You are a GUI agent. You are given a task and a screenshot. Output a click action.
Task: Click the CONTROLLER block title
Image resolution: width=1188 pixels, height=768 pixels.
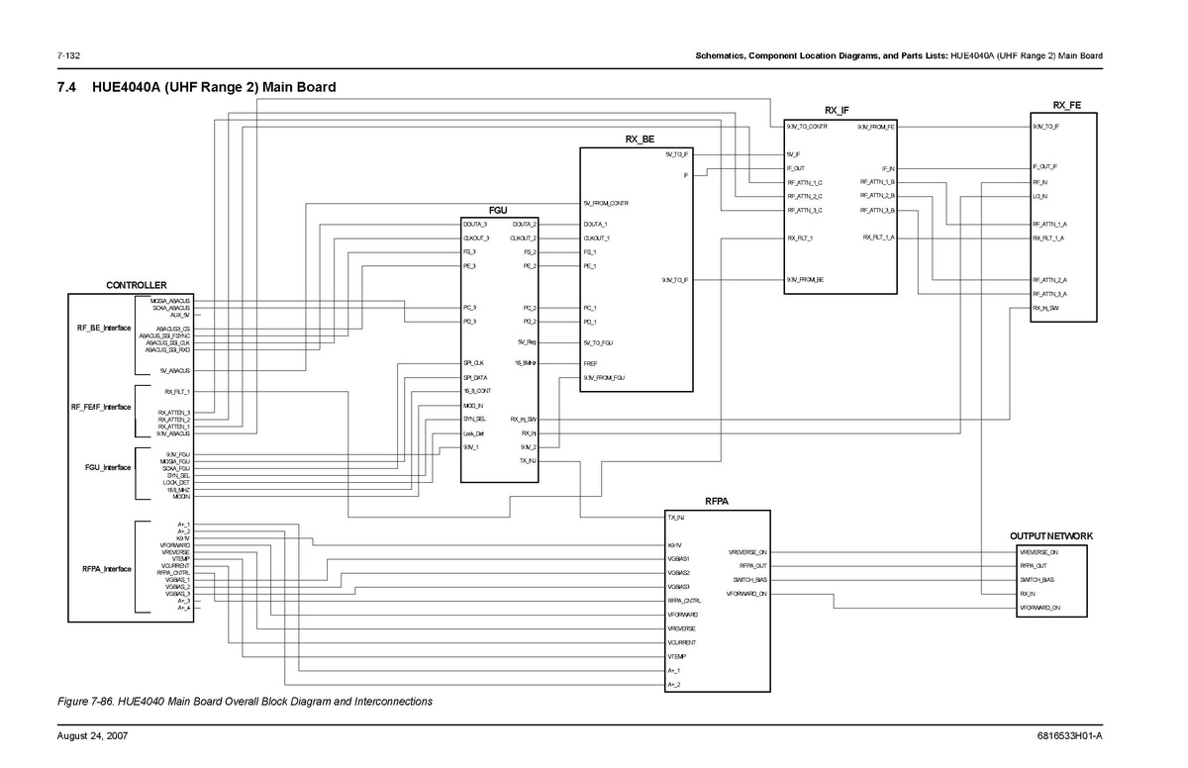click(137, 285)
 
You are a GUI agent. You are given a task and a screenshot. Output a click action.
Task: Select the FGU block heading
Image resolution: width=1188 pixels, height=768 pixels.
click(498, 211)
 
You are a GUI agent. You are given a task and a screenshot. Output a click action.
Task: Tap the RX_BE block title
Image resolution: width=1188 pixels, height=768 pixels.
click(639, 140)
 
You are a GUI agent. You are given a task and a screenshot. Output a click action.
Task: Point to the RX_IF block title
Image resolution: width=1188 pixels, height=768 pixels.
click(838, 110)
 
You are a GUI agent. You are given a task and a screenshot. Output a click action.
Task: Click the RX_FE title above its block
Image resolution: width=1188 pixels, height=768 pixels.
click(1066, 105)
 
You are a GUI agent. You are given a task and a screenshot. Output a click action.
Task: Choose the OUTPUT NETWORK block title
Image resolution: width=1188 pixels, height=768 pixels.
click(1051, 535)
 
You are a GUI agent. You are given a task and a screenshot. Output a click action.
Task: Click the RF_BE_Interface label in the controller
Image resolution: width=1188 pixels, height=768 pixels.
click(103, 328)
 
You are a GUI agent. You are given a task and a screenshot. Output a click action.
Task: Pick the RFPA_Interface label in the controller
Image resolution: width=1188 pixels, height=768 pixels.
click(106, 569)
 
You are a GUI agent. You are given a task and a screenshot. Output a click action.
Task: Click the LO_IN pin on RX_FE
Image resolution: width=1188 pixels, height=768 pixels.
click(1040, 196)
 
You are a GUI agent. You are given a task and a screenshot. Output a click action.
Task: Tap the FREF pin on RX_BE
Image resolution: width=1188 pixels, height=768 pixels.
click(590, 363)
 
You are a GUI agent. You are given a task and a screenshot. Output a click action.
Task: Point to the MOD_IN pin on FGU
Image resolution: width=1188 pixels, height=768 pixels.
click(473, 406)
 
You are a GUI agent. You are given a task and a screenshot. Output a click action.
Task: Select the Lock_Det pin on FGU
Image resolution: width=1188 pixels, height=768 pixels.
click(473, 433)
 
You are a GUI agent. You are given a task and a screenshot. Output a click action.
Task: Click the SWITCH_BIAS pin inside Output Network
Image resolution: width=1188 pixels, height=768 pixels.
click(1036, 580)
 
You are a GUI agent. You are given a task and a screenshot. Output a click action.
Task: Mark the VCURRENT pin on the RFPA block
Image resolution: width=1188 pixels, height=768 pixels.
click(681, 642)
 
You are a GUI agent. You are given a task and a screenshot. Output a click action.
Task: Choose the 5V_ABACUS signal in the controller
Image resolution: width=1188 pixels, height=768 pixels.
click(175, 370)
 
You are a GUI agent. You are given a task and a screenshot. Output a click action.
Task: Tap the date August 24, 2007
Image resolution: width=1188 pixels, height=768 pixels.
click(92, 736)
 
